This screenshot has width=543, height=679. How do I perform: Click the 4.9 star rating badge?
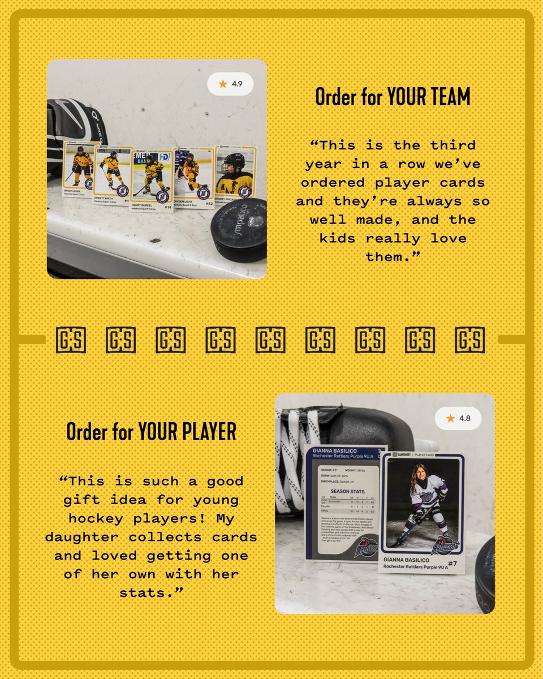point(230,84)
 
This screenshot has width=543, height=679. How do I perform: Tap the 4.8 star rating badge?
point(458,418)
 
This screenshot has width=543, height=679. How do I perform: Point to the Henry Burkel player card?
point(152,179)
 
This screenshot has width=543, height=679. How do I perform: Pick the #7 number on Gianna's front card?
point(451,564)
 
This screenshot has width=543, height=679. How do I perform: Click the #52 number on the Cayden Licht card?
point(209,203)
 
